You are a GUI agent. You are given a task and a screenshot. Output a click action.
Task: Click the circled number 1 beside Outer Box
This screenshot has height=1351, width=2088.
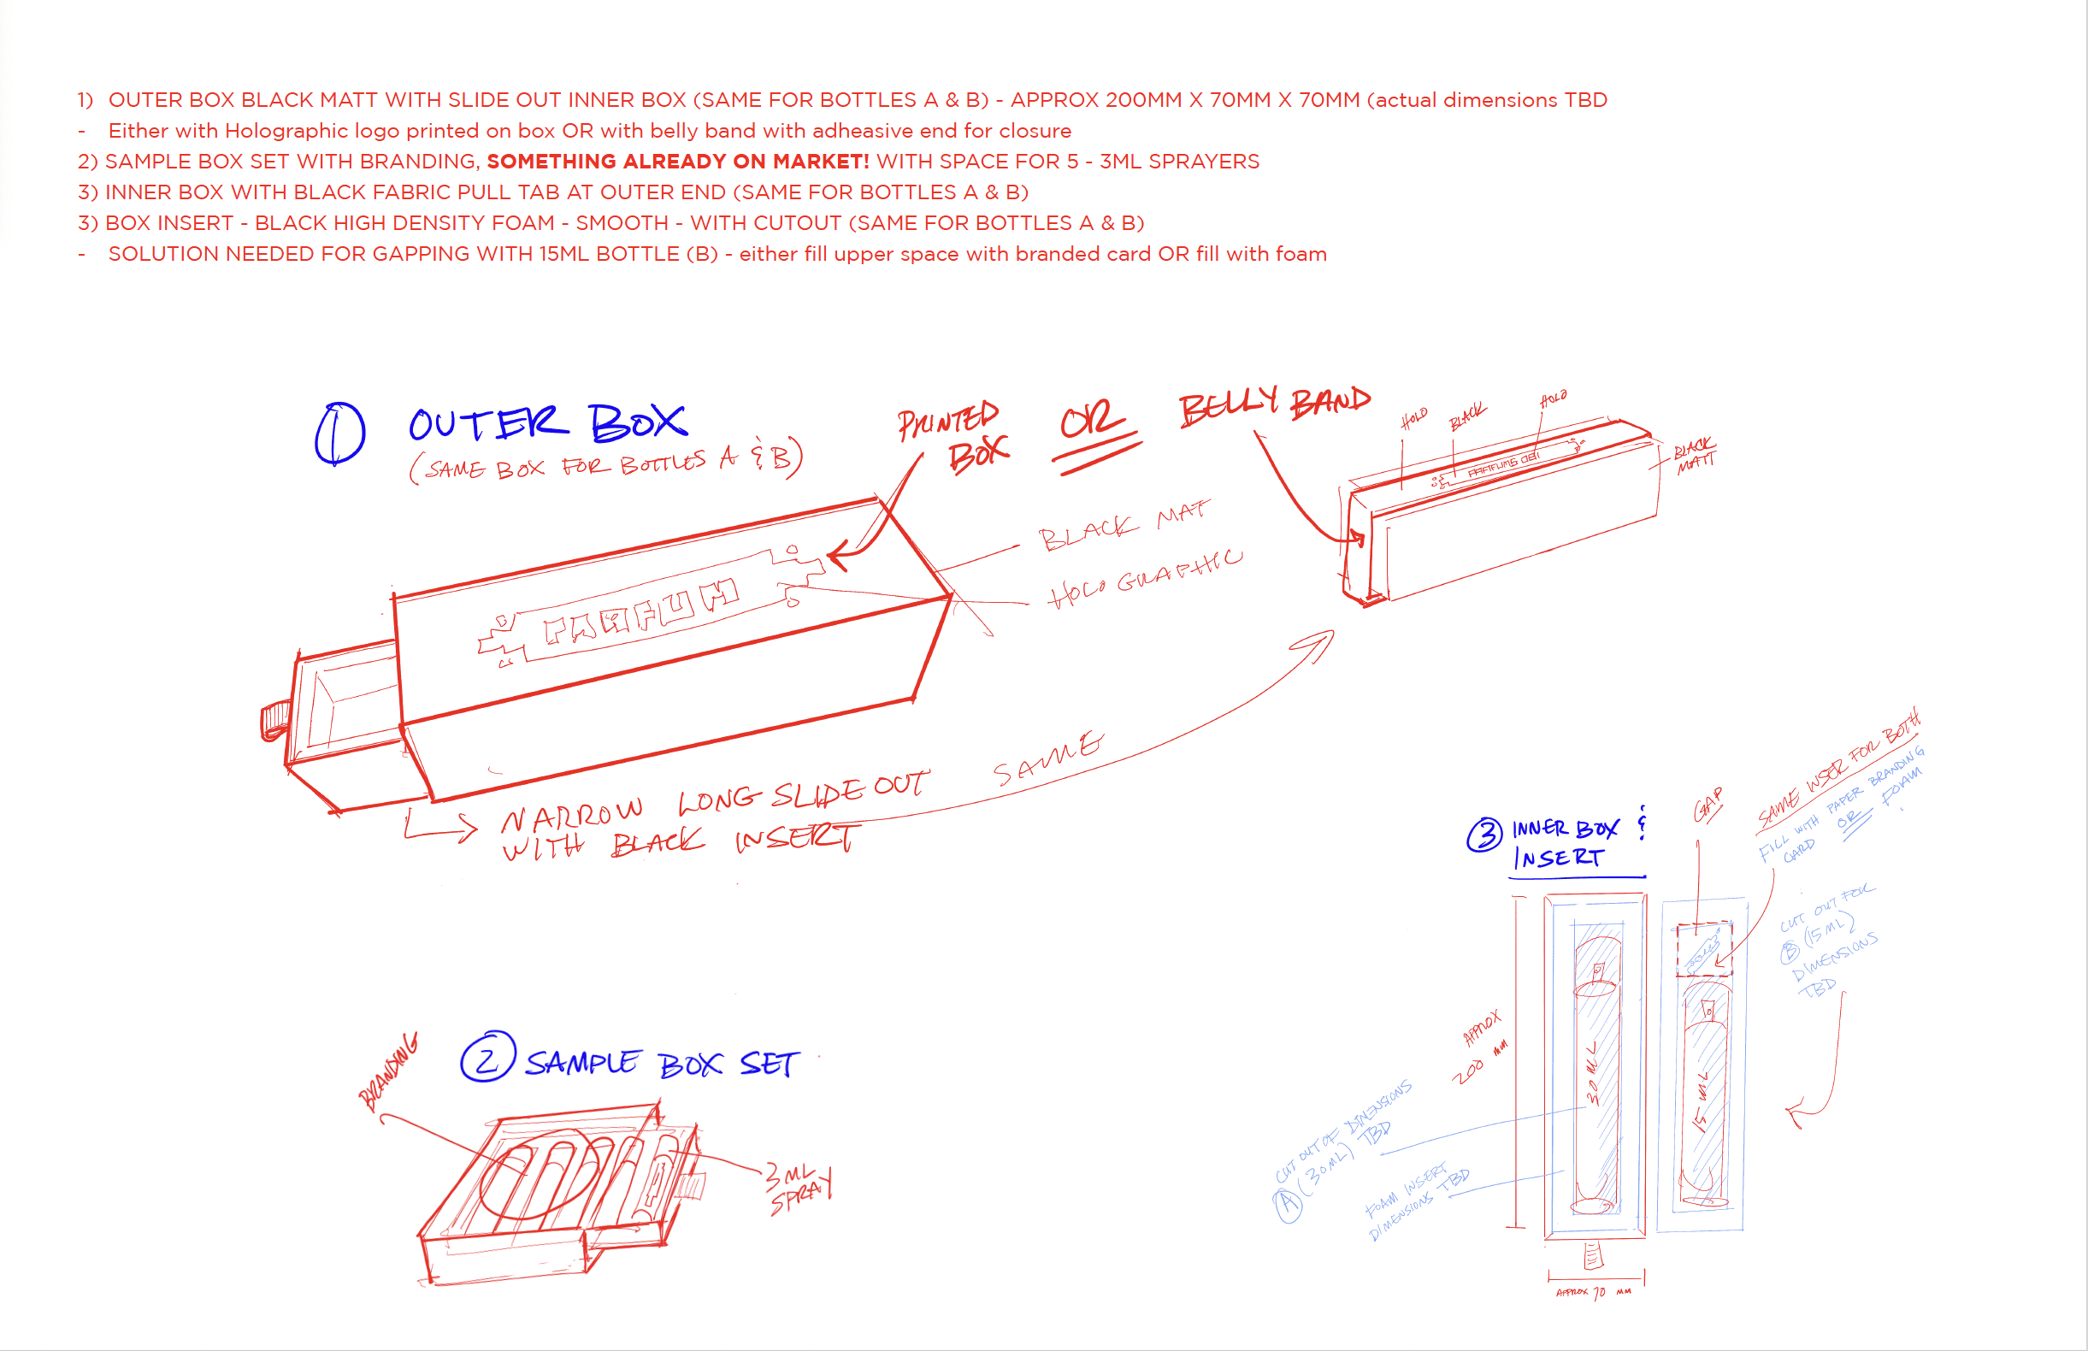(x=339, y=434)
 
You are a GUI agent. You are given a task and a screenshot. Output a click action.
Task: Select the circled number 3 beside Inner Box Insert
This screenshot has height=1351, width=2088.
(x=1484, y=835)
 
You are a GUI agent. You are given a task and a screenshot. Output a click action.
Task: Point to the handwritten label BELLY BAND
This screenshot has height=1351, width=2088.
(x=1274, y=406)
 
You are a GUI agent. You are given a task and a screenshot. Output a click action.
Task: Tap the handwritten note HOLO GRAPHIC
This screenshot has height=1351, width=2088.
(x=1144, y=577)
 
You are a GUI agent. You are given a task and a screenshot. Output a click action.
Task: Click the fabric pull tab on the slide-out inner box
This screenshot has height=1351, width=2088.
(x=274, y=721)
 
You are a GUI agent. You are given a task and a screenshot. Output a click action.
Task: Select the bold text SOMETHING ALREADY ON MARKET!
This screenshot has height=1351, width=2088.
(x=677, y=162)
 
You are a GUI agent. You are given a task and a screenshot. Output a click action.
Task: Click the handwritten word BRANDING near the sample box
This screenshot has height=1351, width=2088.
(x=389, y=1071)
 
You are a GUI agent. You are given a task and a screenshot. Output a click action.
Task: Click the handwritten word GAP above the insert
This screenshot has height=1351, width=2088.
(x=1708, y=805)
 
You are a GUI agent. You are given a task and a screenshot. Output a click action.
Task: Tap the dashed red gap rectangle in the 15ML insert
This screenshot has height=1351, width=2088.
(x=1704, y=948)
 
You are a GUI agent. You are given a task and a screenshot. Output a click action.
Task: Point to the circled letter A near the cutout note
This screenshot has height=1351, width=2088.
(x=1287, y=1204)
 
